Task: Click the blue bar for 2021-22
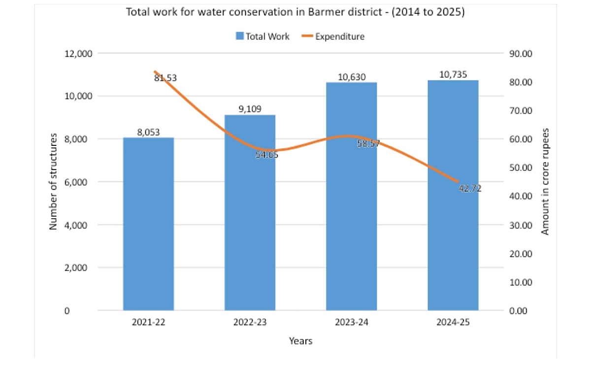pos(148,224)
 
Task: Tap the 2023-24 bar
pos(351,197)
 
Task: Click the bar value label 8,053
pos(148,132)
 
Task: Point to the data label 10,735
pos(453,74)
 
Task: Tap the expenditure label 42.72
pos(470,188)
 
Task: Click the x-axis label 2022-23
pos(250,322)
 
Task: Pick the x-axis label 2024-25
pos(453,322)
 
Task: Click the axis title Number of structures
pos(54,181)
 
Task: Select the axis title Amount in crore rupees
pos(545,181)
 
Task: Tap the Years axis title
pos(300,340)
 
